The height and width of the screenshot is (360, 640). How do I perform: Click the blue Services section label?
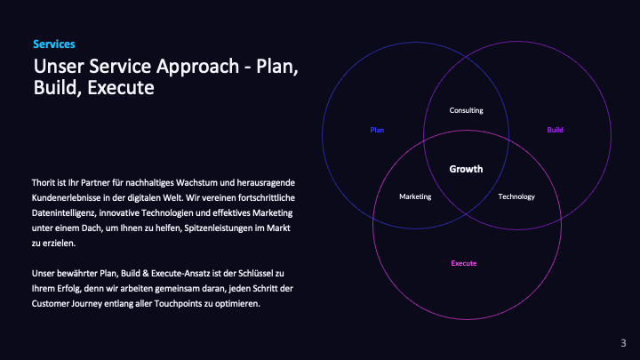click(x=53, y=44)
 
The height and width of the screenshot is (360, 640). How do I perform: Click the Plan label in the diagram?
click(x=377, y=131)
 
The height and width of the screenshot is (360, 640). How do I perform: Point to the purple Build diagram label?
click(x=555, y=131)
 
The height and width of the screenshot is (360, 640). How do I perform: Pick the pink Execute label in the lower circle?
click(x=464, y=263)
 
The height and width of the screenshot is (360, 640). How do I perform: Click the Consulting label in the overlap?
click(x=466, y=110)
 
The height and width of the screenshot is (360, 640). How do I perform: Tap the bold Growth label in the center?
click(x=466, y=169)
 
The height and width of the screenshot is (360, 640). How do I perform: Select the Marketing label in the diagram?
click(x=415, y=196)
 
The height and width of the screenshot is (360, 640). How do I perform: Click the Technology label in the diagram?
click(x=516, y=196)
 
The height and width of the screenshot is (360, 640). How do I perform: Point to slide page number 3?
click(x=623, y=343)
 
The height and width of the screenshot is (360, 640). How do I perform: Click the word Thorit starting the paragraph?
click(x=44, y=182)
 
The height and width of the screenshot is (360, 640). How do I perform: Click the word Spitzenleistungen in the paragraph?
click(x=218, y=228)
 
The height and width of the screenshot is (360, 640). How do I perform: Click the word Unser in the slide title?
click(x=54, y=67)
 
